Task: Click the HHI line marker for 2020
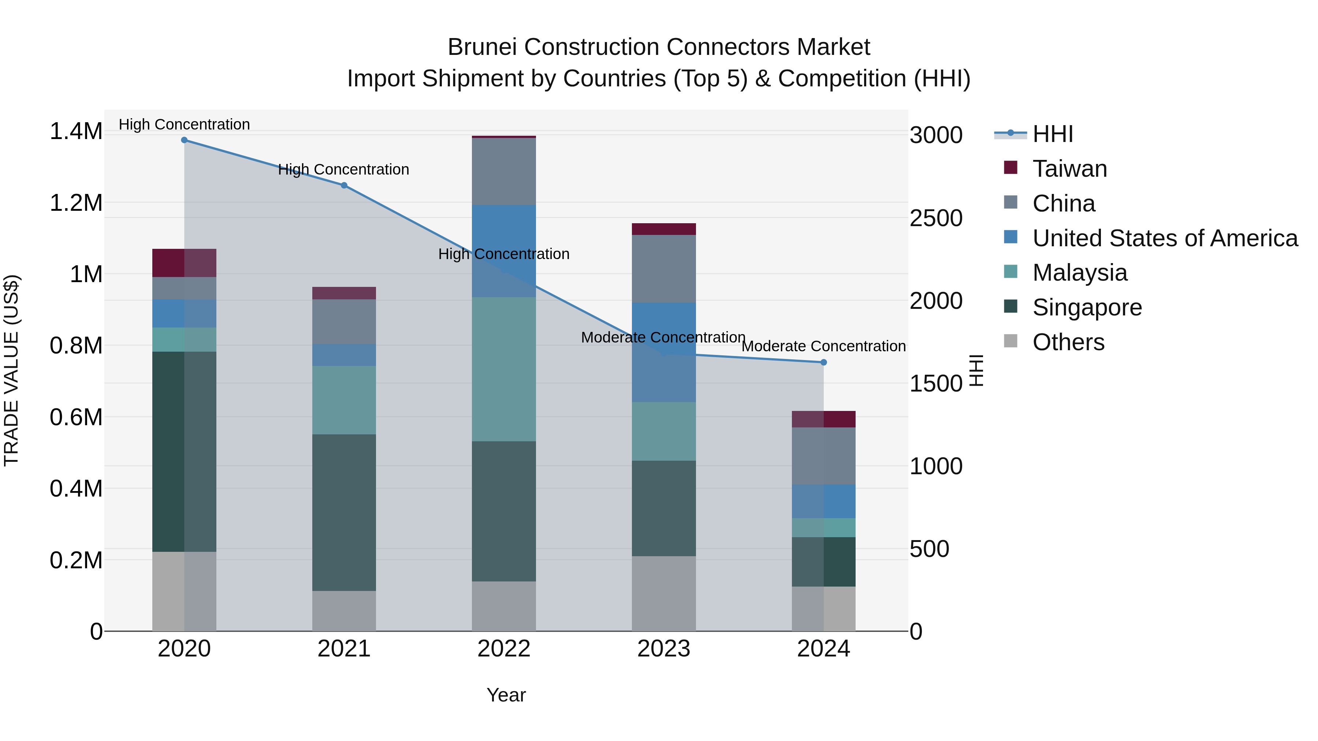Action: tap(184, 140)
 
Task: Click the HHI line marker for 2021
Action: tap(344, 185)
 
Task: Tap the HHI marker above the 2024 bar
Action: tap(823, 362)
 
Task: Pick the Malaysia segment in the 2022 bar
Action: tap(503, 369)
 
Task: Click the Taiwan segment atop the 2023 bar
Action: tap(664, 229)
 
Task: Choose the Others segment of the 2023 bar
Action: tap(664, 593)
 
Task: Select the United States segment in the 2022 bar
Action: tap(503, 251)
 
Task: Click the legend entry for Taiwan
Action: tap(1069, 169)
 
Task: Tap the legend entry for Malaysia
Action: tap(1080, 273)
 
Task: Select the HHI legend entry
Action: tap(1053, 134)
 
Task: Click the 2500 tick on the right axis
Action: tap(936, 218)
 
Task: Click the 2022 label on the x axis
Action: tap(503, 649)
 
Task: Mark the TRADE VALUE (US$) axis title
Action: tap(11, 370)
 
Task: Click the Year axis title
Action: tap(506, 695)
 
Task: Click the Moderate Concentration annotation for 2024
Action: tap(823, 346)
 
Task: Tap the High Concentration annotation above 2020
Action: tap(184, 124)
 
